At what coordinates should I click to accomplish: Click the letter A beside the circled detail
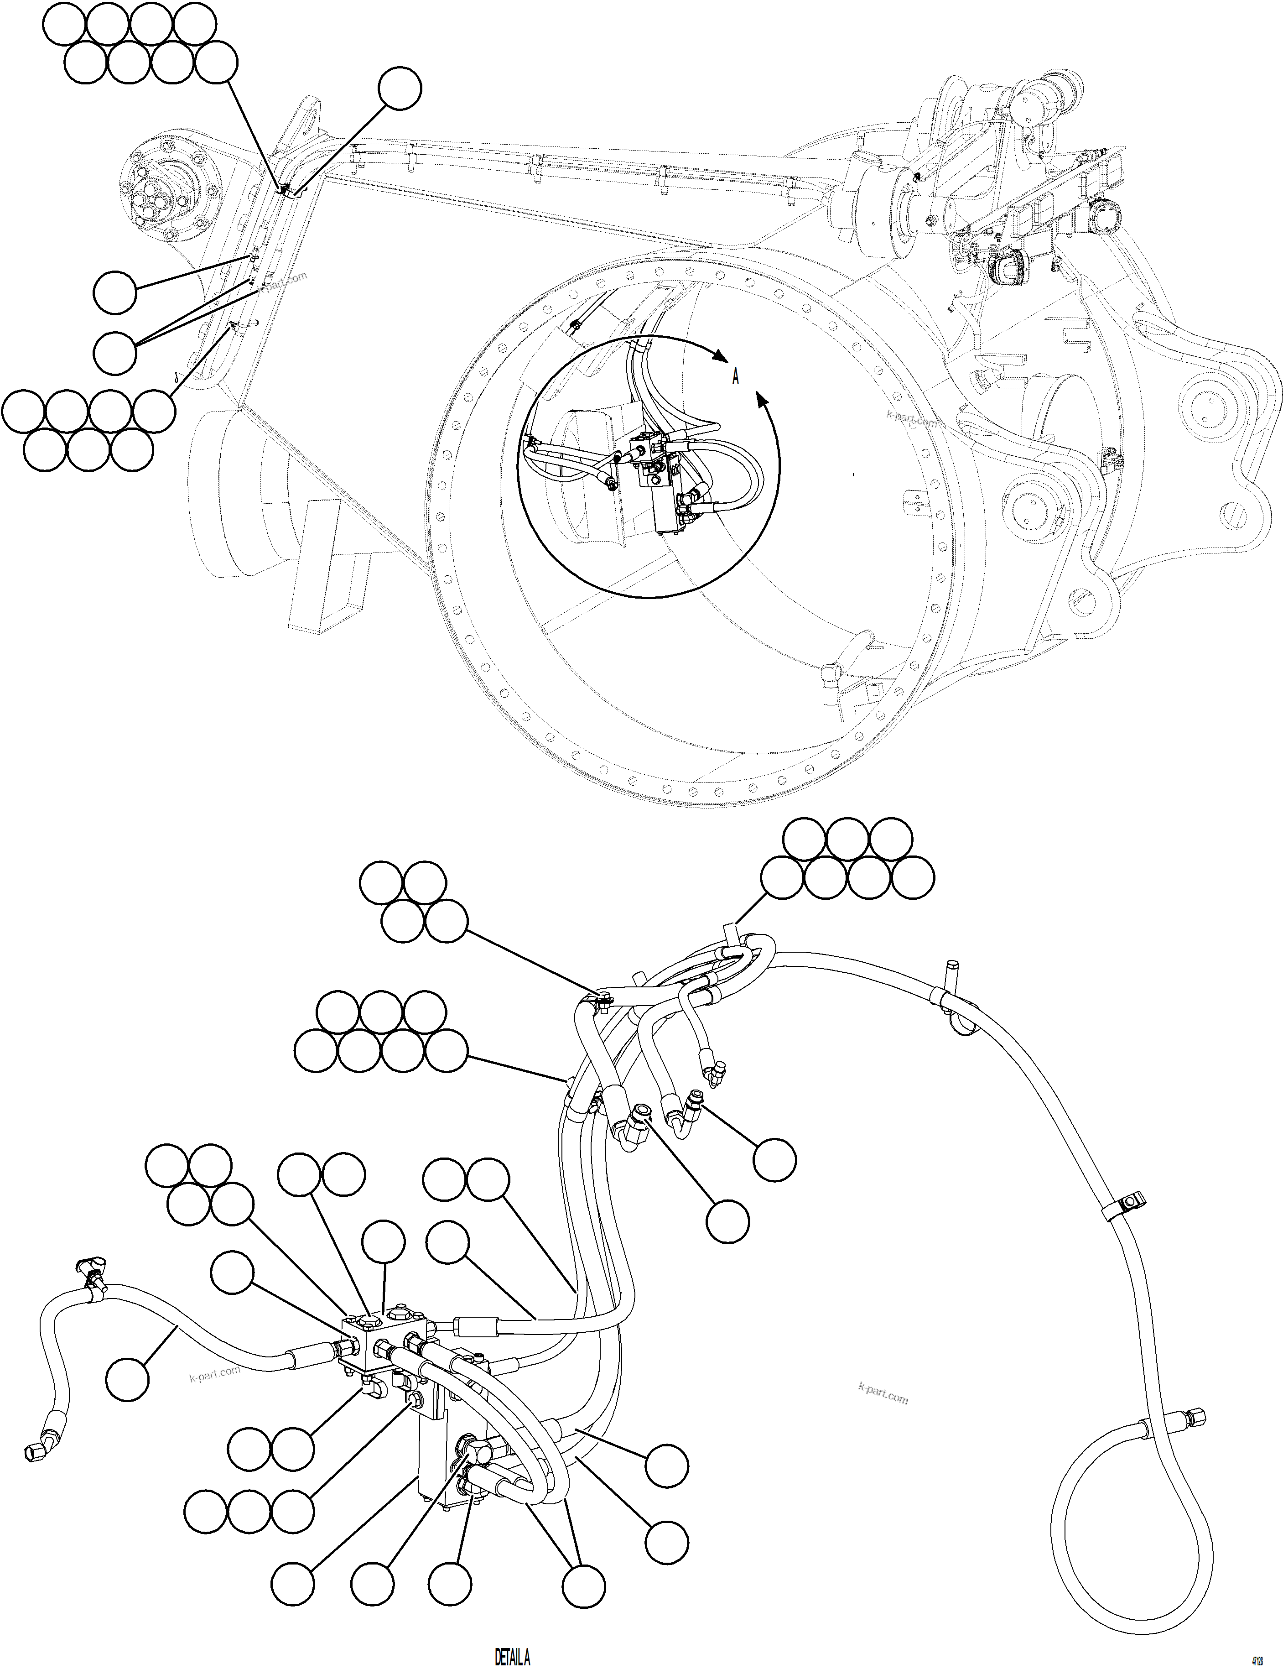[735, 376]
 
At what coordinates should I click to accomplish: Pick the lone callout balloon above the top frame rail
[400, 89]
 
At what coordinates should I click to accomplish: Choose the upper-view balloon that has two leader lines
[114, 352]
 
